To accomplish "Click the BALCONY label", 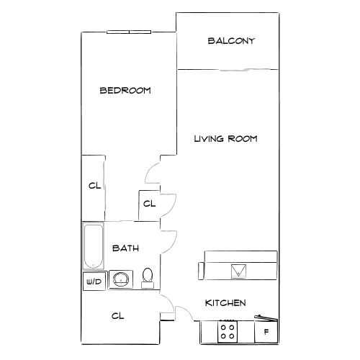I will click(231, 41).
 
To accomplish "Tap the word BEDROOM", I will click(125, 91).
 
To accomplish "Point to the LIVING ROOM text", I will click(225, 138).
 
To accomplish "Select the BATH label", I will click(125, 248).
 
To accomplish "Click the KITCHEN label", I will click(226, 303).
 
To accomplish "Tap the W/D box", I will click(94, 281).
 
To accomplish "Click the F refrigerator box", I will click(266, 332).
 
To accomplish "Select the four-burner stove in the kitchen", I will click(228, 331).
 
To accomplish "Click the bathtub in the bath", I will click(94, 246).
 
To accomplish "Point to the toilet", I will click(148, 277).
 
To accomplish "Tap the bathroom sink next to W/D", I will click(120, 279).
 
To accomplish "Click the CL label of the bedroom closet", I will click(94, 186).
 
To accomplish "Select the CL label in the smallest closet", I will click(149, 204).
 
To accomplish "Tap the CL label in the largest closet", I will click(118, 315).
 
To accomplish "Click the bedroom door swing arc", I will click(152, 174).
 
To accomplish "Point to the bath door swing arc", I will click(171, 239).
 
